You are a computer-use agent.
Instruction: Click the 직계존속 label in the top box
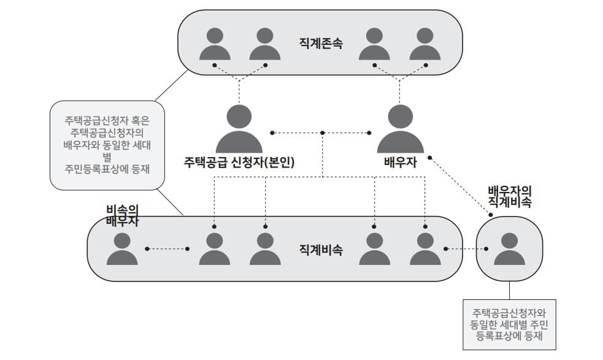pyautogui.click(x=321, y=44)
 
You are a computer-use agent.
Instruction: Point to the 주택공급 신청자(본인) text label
pyautogui.click(x=239, y=163)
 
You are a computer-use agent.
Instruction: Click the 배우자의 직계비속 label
pyautogui.click(x=509, y=195)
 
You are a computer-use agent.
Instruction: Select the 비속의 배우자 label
pyautogui.click(x=121, y=215)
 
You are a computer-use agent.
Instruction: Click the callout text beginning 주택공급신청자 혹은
pyautogui.click(x=107, y=144)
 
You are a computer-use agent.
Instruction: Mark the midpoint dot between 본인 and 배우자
pyautogui.click(x=323, y=132)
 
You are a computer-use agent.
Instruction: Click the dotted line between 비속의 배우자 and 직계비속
pyautogui.click(x=167, y=248)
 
